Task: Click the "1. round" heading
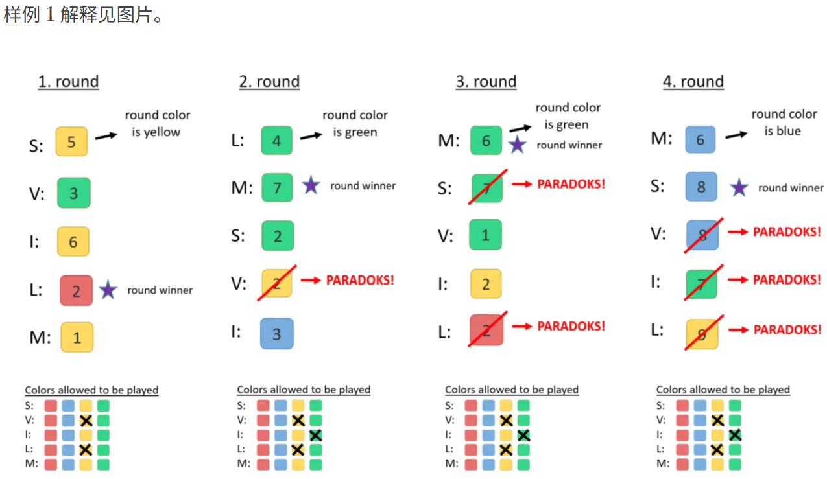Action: pyautogui.click(x=68, y=82)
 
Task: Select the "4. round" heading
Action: pyautogui.click(x=693, y=82)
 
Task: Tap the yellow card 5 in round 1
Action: pyautogui.click(x=71, y=142)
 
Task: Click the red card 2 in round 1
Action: pyautogui.click(x=76, y=290)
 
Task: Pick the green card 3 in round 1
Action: pyautogui.click(x=73, y=193)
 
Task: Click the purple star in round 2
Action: pyautogui.click(x=311, y=186)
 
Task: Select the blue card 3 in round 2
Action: pyautogui.click(x=277, y=334)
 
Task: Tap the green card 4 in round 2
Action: pyautogui.click(x=277, y=141)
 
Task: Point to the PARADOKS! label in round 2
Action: pyautogui.click(x=360, y=280)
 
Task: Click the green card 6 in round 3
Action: pyautogui.click(x=486, y=141)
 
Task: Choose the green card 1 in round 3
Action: pyautogui.click(x=486, y=235)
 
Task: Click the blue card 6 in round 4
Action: pyautogui.click(x=700, y=140)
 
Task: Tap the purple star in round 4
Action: pyautogui.click(x=739, y=188)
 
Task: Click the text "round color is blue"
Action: pyautogui.click(x=784, y=123)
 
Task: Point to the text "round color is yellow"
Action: pyautogui.click(x=158, y=123)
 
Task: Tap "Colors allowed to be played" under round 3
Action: pyautogui.click(x=512, y=390)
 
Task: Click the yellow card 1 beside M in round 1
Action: pyautogui.click(x=77, y=338)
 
